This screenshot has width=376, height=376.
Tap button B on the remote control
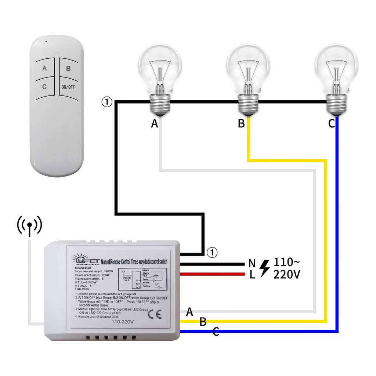(68, 68)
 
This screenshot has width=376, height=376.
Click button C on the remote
(44, 87)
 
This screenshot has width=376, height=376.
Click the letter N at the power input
(252, 263)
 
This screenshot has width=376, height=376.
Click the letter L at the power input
(252, 275)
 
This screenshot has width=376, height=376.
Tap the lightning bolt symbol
(264, 268)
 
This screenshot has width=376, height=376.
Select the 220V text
(286, 274)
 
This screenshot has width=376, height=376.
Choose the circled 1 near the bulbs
(106, 102)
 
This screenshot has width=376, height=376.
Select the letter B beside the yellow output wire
(203, 322)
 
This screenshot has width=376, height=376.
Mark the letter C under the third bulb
(331, 124)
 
